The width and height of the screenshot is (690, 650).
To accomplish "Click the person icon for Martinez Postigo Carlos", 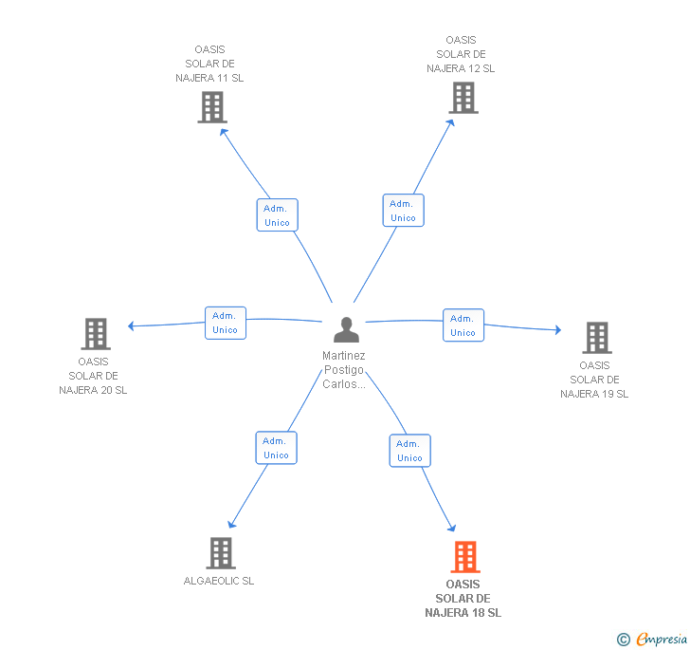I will [347, 330].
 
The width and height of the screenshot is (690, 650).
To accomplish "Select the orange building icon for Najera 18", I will [464, 556].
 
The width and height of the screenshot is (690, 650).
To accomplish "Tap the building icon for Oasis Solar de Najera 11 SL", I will [212, 107].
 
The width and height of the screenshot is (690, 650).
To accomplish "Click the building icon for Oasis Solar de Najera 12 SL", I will [463, 97].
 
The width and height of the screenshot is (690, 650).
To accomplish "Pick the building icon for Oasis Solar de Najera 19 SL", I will [596, 337].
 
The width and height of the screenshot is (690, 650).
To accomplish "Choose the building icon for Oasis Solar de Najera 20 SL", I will [95, 334].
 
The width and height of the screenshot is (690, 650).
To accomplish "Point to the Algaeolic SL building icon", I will [220, 552].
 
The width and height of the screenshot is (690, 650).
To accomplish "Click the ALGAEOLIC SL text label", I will [219, 581].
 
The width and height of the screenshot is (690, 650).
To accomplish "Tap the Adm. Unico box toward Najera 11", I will [277, 214].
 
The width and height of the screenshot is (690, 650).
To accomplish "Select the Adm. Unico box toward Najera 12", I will [403, 210].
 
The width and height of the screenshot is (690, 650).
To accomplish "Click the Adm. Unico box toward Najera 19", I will [463, 325].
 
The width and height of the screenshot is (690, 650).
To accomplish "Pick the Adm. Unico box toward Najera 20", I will [225, 323].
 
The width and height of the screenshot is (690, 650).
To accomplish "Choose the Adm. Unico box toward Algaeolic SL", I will [276, 448].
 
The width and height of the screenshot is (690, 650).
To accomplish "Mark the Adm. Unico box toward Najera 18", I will [409, 451].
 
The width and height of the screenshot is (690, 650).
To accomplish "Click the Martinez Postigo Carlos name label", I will [344, 370].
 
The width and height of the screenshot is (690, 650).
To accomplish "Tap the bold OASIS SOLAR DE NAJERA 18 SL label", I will [463, 599].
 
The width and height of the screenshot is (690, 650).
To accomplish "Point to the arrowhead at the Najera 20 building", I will [132, 326].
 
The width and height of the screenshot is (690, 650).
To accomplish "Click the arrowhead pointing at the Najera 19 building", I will [557, 330].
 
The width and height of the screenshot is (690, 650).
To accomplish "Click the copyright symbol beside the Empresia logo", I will [623, 640].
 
